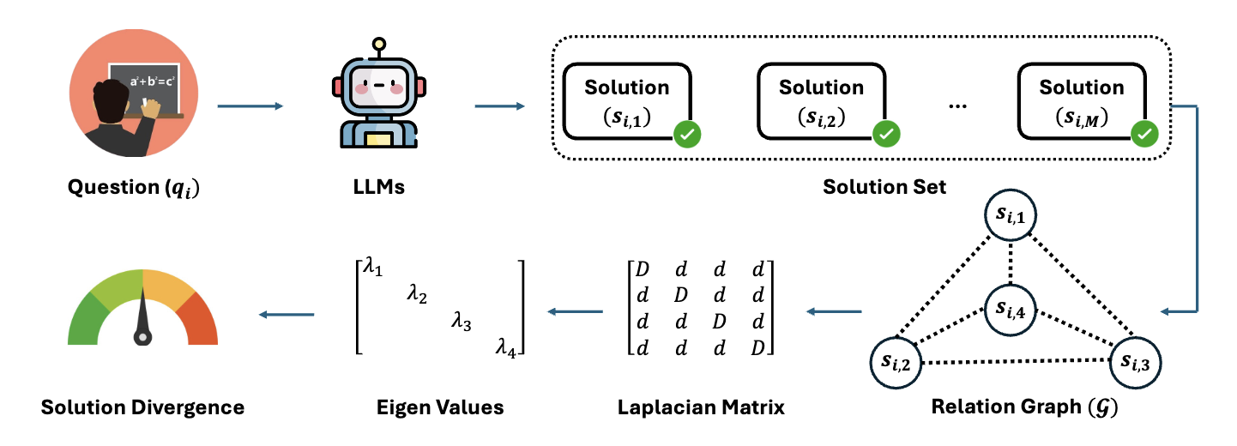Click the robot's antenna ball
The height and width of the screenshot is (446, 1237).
(377, 44)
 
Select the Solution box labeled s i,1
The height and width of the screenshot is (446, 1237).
(626, 101)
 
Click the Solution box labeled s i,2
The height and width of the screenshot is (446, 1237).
(821, 101)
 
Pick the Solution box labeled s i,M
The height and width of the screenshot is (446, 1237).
(1081, 101)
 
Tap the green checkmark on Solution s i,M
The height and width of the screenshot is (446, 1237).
(1144, 134)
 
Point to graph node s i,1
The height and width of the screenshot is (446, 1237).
(1013, 216)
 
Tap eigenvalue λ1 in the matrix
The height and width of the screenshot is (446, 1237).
(371, 269)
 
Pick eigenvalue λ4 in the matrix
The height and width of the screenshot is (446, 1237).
(505, 347)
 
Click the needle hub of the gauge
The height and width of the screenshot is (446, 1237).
(143, 337)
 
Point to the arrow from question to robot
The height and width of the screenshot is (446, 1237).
(250, 106)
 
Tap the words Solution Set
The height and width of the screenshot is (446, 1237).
(884, 186)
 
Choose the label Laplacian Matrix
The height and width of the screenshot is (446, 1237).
(700, 407)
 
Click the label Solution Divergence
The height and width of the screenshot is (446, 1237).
(142, 407)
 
